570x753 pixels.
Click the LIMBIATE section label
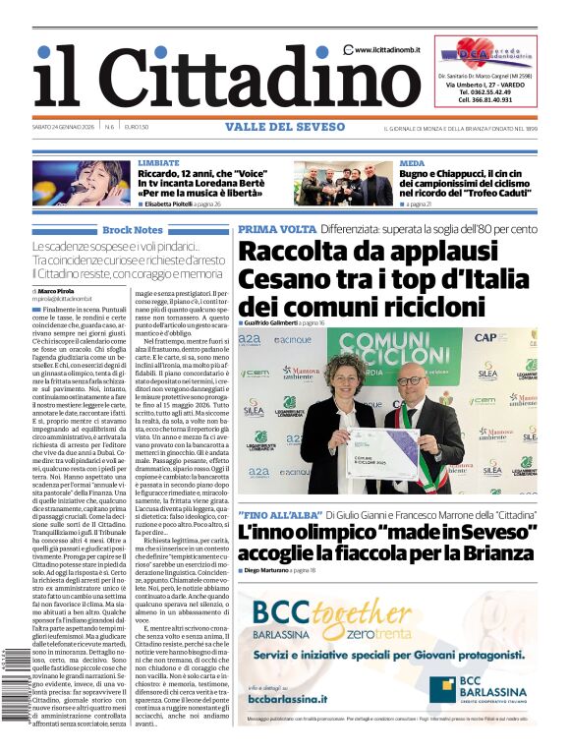pyautogui.click(x=158, y=162)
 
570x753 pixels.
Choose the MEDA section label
pyautogui.click(x=412, y=162)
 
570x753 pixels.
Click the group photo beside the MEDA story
pyautogui.click(x=343, y=183)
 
